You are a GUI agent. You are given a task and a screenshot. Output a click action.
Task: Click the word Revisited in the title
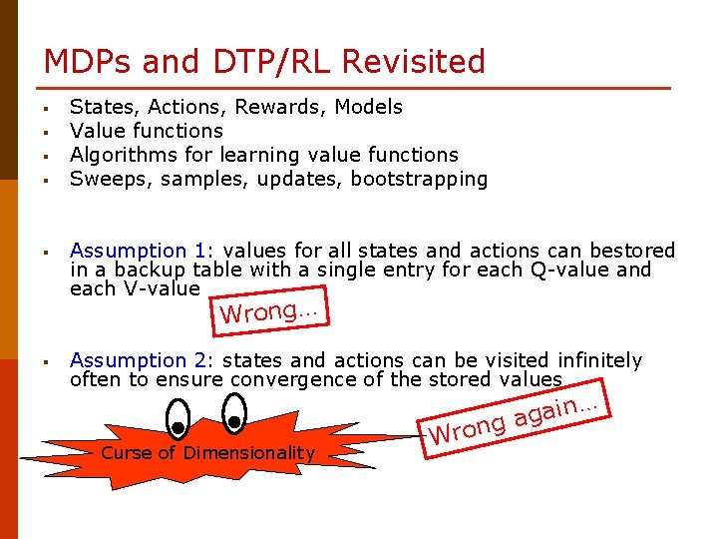click(x=413, y=62)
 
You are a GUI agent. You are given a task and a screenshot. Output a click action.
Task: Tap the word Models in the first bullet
click(x=369, y=107)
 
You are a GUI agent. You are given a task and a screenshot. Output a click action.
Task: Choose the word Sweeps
click(x=104, y=180)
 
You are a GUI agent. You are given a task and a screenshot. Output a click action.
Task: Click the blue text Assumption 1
click(x=129, y=251)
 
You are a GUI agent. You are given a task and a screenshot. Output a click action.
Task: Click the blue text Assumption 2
click(x=129, y=360)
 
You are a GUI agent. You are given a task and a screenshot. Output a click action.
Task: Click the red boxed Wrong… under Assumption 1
click(x=268, y=311)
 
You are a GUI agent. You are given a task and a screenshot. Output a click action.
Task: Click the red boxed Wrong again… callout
click(x=514, y=420)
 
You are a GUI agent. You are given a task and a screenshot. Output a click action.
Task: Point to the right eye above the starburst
click(x=234, y=412)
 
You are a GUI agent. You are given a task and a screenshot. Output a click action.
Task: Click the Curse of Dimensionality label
click(x=207, y=453)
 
